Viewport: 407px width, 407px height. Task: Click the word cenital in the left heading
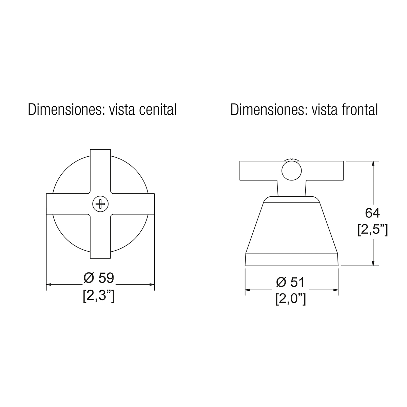pyautogui.click(x=158, y=110)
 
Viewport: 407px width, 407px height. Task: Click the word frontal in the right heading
pyautogui.click(x=360, y=110)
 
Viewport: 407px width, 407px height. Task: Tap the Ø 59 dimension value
pyautogui.click(x=99, y=278)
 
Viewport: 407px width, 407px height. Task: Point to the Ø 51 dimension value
pyautogui.click(x=290, y=282)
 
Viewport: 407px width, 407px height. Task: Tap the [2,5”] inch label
pyautogui.click(x=373, y=230)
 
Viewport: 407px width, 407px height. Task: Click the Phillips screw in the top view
pyautogui.click(x=100, y=204)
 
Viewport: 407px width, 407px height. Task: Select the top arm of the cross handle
pyautogui.click(x=100, y=171)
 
